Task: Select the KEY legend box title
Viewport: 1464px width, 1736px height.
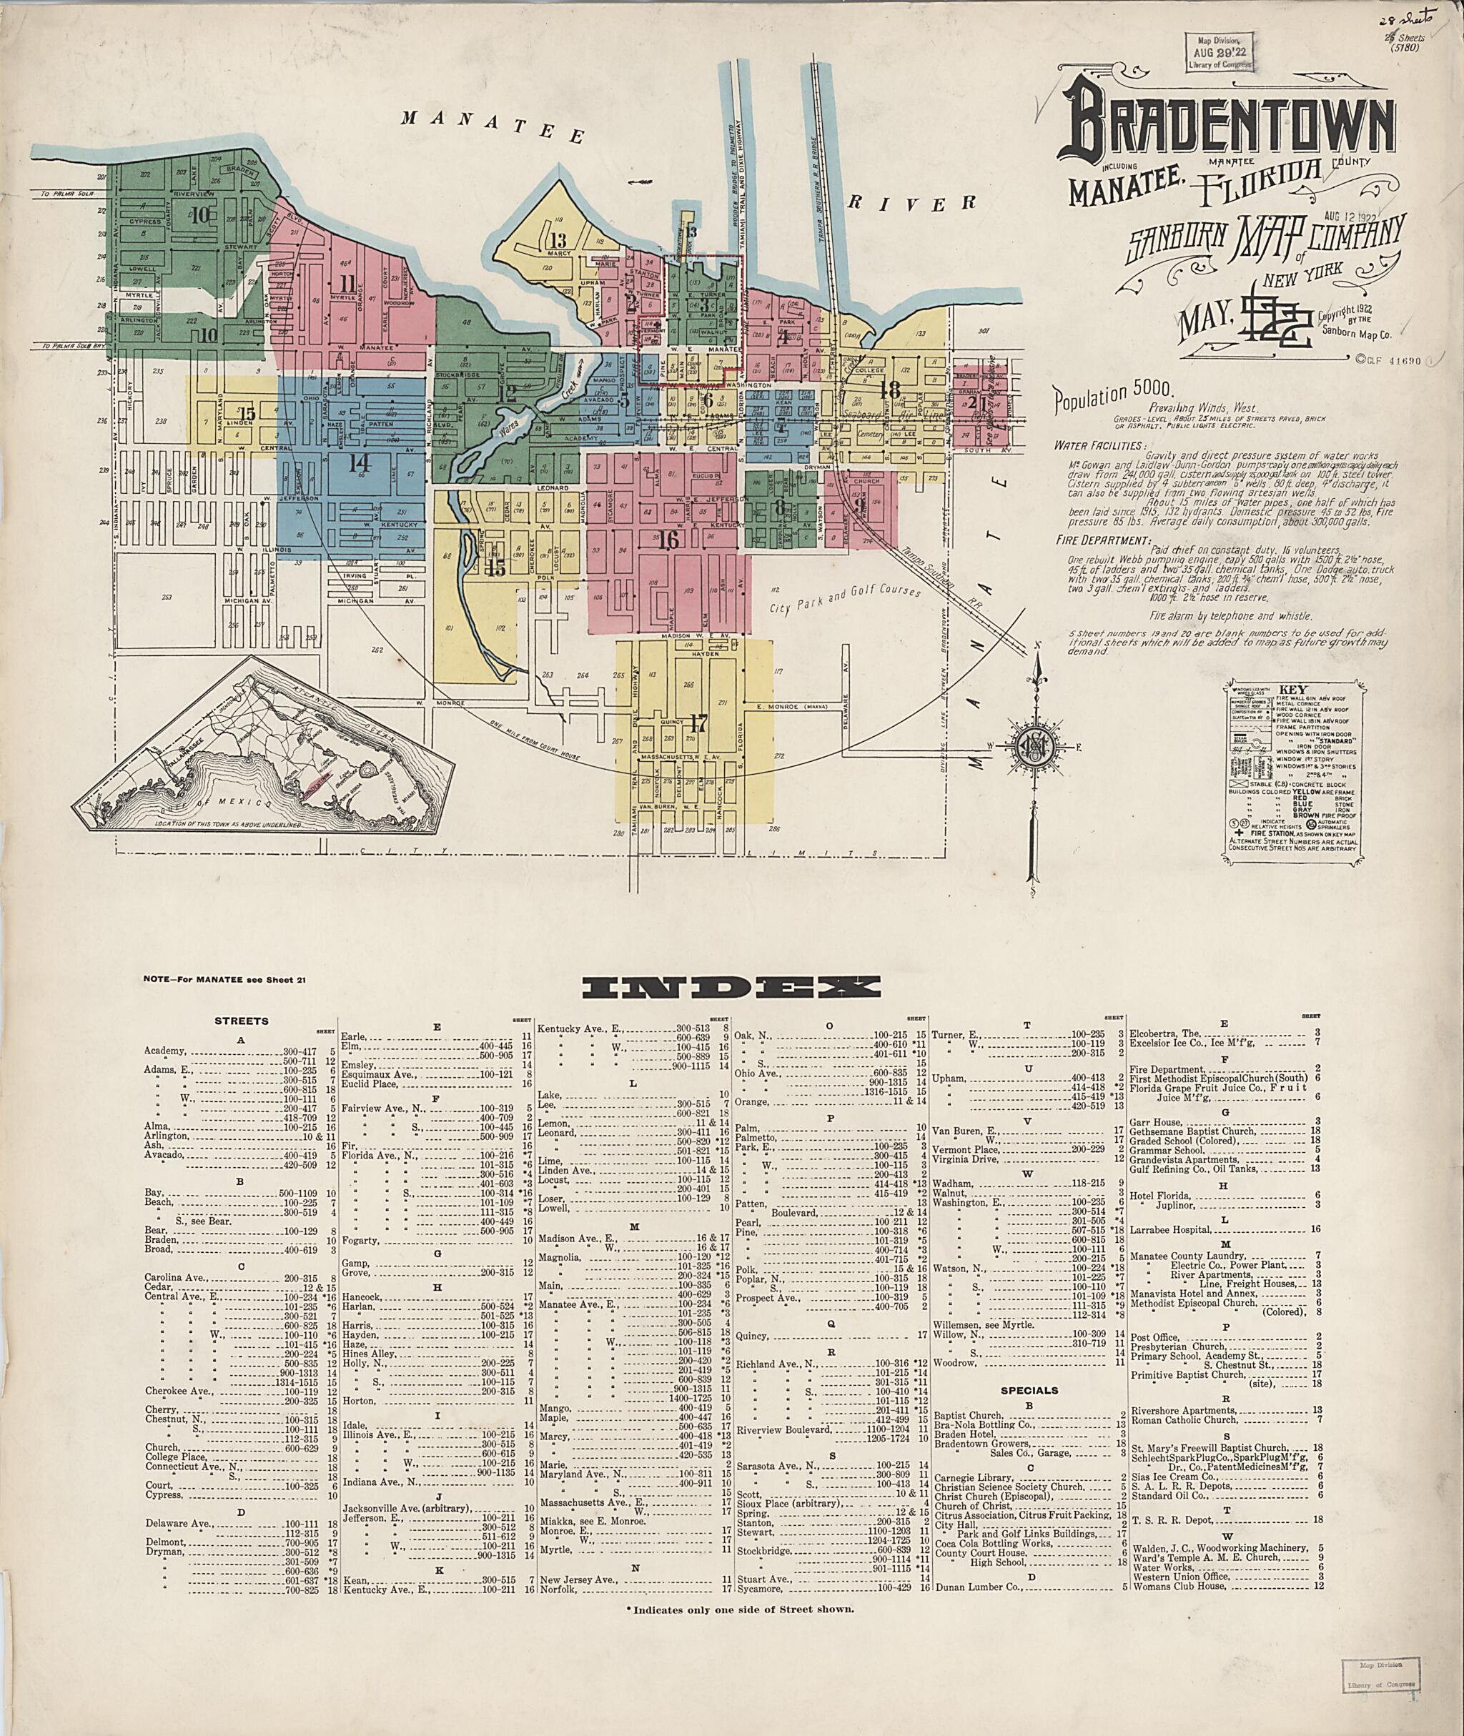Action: tap(1292, 690)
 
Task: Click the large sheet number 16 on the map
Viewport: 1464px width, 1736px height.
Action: tap(668, 540)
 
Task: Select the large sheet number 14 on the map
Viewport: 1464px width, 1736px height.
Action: tap(359, 462)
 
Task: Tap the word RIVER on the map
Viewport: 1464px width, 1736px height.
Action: tap(911, 202)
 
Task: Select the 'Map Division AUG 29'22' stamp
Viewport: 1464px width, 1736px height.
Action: tap(1218, 51)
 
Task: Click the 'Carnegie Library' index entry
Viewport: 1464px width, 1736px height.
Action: tap(974, 1477)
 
